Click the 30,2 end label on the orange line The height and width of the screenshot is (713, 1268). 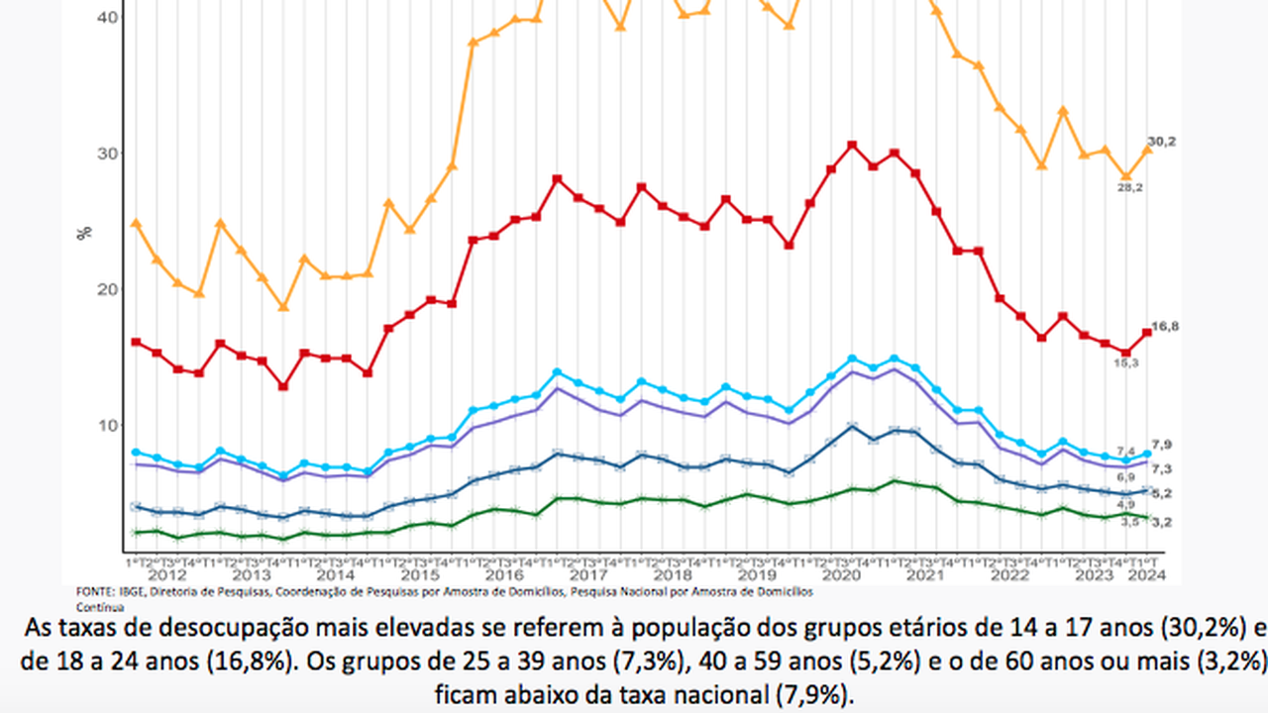(x=1162, y=142)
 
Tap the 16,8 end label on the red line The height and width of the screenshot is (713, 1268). (x=1162, y=326)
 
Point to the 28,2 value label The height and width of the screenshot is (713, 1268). (x=1131, y=188)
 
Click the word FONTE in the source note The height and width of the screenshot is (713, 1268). (x=90, y=591)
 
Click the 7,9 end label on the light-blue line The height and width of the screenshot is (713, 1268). (x=1162, y=444)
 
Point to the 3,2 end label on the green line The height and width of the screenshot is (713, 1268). (x=1162, y=521)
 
